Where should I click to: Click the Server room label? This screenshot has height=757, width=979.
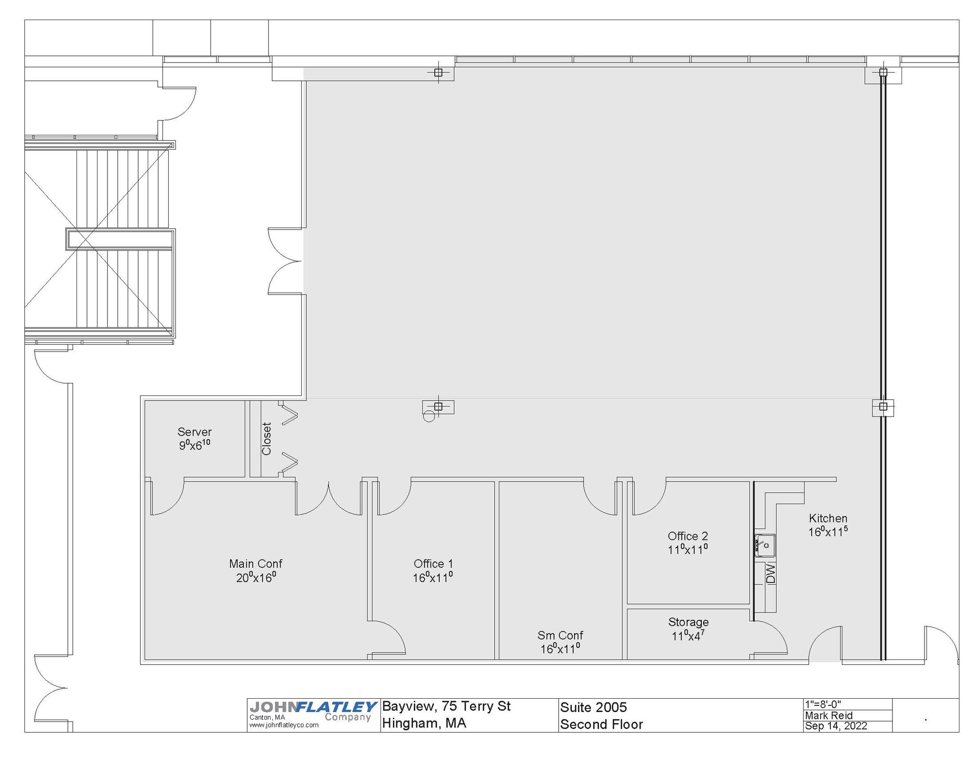coord(194,432)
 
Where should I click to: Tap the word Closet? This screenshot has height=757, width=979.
coord(267,439)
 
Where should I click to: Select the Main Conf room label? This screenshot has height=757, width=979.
coord(256,564)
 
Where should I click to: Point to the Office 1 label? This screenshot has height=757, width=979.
coord(433,564)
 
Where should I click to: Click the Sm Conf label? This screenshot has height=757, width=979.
coord(560,635)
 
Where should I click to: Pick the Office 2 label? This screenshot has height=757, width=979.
coord(687,536)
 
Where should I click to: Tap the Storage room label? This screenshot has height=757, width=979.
coord(688,622)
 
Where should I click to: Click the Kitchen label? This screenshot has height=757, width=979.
coord(828,518)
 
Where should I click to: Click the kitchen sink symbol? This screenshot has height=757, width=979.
coord(765,545)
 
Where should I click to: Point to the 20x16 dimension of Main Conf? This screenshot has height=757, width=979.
coord(256,578)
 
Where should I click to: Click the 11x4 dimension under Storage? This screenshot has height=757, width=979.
coord(688,636)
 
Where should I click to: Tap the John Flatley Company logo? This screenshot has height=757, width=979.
coord(313,711)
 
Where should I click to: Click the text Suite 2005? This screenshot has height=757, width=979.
coord(593,707)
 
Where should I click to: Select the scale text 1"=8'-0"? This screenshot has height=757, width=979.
coord(823,704)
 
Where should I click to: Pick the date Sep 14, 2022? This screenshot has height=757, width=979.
coord(836,726)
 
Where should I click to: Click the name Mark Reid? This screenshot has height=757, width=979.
coord(828,715)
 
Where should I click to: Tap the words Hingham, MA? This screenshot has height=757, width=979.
coord(424,723)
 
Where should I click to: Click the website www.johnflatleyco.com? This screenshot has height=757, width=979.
coord(283,725)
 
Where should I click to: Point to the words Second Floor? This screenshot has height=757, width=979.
coord(601,724)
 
